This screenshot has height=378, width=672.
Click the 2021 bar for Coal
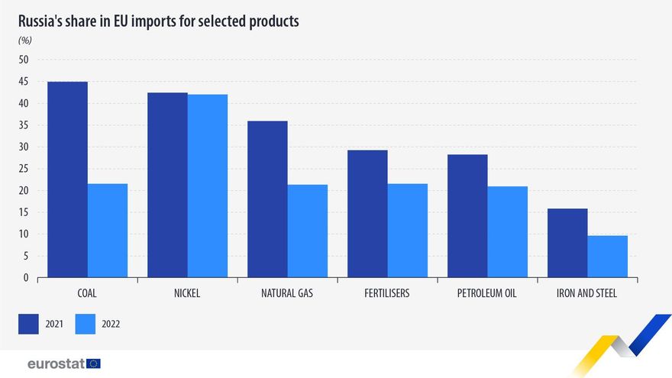[x=67, y=179]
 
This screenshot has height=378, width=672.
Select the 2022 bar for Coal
[x=108, y=231]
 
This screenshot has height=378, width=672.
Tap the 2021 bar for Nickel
[x=167, y=185]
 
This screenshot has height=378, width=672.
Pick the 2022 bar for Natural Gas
[x=308, y=231]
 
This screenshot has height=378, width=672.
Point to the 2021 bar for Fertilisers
[x=367, y=214]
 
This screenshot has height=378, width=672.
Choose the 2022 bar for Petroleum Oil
[x=508, y=231]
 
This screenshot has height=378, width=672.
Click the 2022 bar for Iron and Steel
[x=608, y=257]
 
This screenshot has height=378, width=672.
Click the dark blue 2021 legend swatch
[x=28, y=324]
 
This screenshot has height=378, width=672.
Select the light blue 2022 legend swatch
[x=86, y=324]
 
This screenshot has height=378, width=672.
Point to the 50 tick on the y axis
[x=23, y=60]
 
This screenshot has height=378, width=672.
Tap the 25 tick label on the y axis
[x=23, y=169]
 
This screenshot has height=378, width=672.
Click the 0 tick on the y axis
[x=25, y=278]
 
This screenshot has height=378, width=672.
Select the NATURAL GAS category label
[x=287, y=293]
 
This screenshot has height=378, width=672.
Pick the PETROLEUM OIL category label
[x=487, y=293]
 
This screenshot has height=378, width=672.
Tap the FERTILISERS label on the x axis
[x=387, y=293]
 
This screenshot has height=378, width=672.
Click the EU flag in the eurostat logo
[x=93, y=363]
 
